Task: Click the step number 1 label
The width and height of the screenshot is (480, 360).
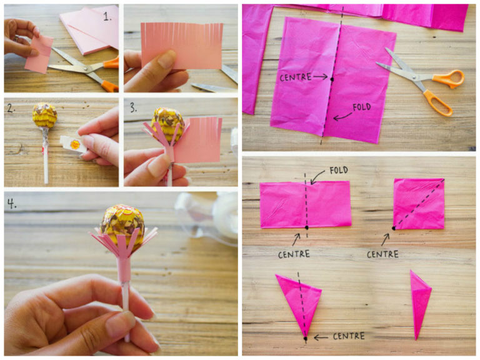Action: (107, 16)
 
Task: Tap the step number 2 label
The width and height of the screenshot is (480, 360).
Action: (11, 107)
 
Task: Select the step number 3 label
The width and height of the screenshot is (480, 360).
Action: (133, 107)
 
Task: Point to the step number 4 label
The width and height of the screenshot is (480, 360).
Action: (12, 203)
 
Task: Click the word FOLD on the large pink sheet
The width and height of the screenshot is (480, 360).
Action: (361, 107)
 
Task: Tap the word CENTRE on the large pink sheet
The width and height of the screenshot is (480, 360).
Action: (296, 77)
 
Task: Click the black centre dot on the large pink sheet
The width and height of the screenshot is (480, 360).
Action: (332, 79)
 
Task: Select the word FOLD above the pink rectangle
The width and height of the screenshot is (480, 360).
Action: (339, 170)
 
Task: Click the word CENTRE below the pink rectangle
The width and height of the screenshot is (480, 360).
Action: (294, 254)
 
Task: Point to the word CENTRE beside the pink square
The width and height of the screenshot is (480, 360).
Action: (382, 254)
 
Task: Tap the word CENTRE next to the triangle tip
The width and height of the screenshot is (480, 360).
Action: (349, 336)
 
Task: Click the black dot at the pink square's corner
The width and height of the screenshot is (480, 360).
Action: (394, 228)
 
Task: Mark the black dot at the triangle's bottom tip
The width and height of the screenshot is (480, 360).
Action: (305, 339)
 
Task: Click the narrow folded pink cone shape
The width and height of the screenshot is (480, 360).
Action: (419, 303)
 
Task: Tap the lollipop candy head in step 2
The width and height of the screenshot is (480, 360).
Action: (45, 115)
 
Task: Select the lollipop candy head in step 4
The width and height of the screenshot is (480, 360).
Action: (122, 226)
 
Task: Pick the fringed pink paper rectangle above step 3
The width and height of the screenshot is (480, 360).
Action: (182, 45)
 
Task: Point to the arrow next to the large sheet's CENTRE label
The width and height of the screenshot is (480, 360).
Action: (320, 76)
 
